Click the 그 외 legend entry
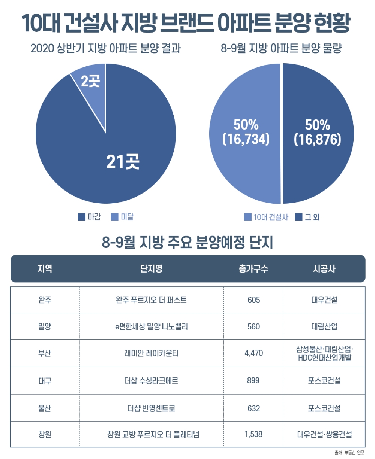tap(307, 217)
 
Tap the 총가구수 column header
tap(253, 269)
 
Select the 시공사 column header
tap(324, 269)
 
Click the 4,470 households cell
tap(253, 353)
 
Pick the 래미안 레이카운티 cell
tap(151, 353)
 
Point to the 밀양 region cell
tap(45, 326)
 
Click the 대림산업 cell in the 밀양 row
tap(324, 326)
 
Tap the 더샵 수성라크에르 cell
tap(151, 381)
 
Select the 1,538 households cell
tap(253, 434)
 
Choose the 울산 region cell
tap(45, 408)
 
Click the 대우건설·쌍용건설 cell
tap(324, 435)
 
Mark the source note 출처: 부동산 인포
tap(349, 453)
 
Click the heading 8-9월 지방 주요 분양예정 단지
tap(187, 243)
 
